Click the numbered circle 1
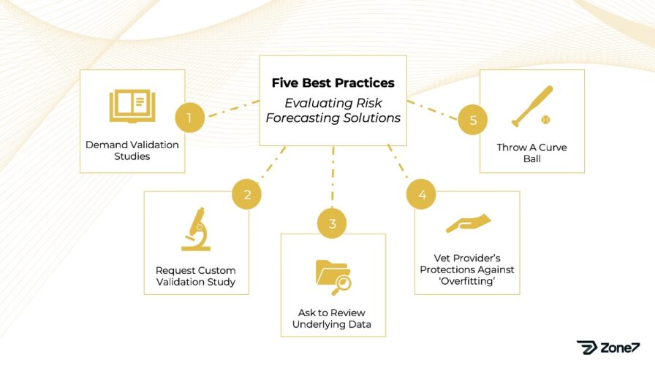pos(189,118)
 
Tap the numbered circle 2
pos(247,195)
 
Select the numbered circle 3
pos(333,223)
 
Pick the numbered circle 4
pos(422,195)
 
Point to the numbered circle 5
pos(473,120)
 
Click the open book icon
pos(132,105)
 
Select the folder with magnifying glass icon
pos(333,276)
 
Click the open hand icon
pos(468,223)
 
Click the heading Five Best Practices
pos(333,83)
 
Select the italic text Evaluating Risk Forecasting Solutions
pos(333,110)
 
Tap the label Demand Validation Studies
pos(132,151)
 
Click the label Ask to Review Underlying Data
pos(333,318)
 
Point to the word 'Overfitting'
pos(468,281)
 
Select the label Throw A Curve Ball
pos(531,153)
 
